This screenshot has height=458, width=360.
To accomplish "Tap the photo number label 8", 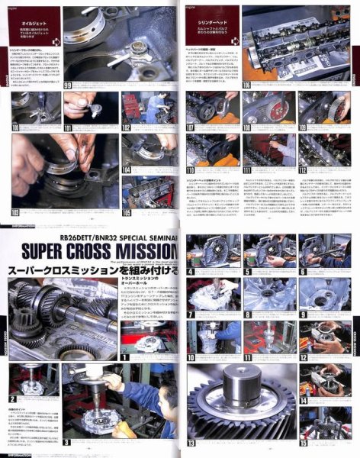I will pos(248,314).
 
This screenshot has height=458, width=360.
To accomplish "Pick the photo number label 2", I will pos(13,398).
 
